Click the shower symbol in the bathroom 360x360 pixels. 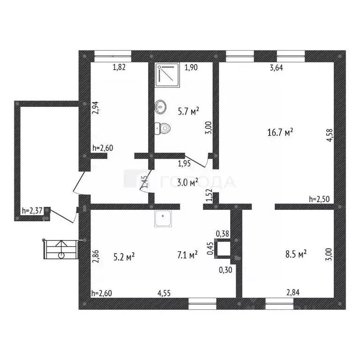(166, 73)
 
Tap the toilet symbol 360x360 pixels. (165, 127)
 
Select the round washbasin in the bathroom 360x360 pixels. (160, 107)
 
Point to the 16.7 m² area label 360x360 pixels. (280, 133)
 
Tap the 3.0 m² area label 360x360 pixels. (187, 182)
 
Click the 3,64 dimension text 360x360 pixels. (277, 68)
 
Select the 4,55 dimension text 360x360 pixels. (164, 294)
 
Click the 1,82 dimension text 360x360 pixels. (119, 68)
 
